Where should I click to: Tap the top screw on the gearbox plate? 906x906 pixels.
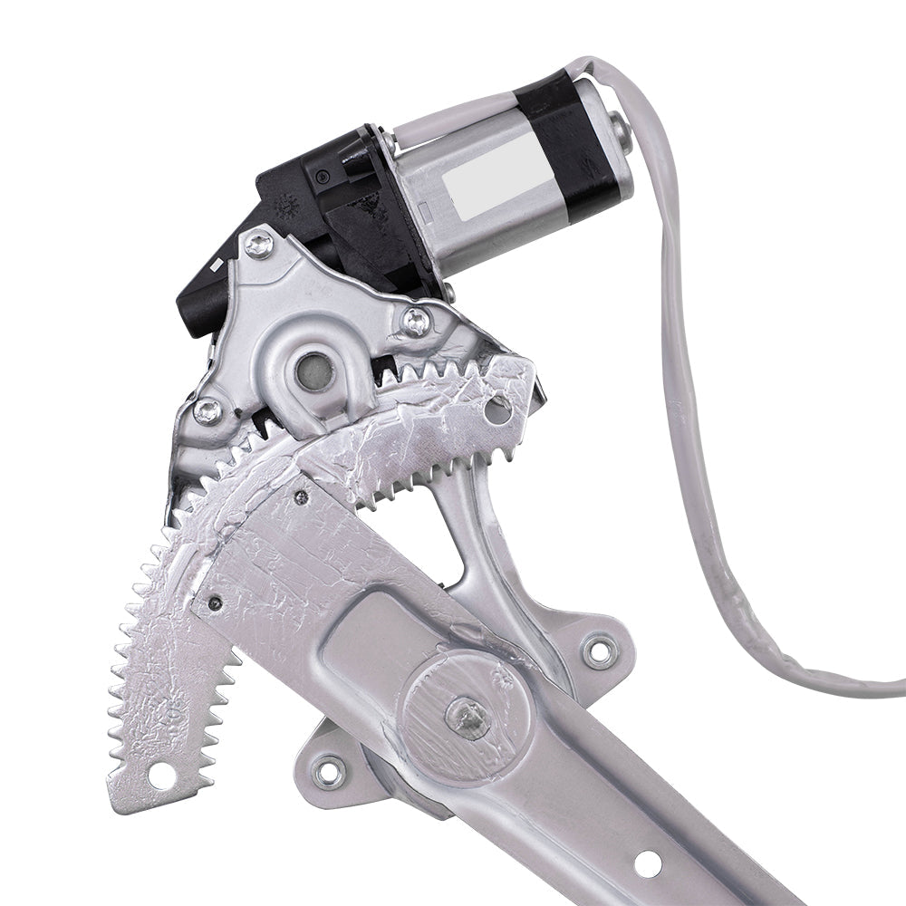click(260, 242)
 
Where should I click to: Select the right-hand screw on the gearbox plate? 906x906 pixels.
click(415, 319)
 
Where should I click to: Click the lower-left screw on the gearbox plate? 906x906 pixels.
click(207, 410)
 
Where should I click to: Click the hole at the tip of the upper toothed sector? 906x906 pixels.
click(497, 409)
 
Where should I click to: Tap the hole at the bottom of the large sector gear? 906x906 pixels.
click(161, 772)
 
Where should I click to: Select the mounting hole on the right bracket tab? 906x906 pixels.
click(599, 649)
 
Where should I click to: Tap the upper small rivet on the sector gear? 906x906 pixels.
click(300, 496)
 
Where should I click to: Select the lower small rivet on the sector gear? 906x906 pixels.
click(215, 602)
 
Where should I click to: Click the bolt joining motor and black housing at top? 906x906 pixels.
click(387, 142)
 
